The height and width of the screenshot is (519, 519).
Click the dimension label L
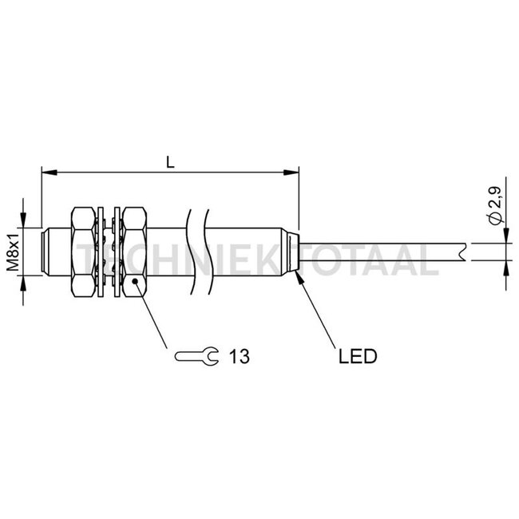click(x=170, y=162)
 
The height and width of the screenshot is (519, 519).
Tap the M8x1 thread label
click(x=14, y=252)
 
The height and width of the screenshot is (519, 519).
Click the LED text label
click(x=358, y=356)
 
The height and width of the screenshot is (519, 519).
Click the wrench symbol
click(x=196, y=356)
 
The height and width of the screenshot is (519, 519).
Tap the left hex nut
click(x=83, y=252)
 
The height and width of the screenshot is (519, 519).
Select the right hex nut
click(x=135, y=252)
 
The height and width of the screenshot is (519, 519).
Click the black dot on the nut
click(x=135, y=281)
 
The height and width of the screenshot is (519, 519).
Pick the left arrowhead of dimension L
click(x=49, y=172)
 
